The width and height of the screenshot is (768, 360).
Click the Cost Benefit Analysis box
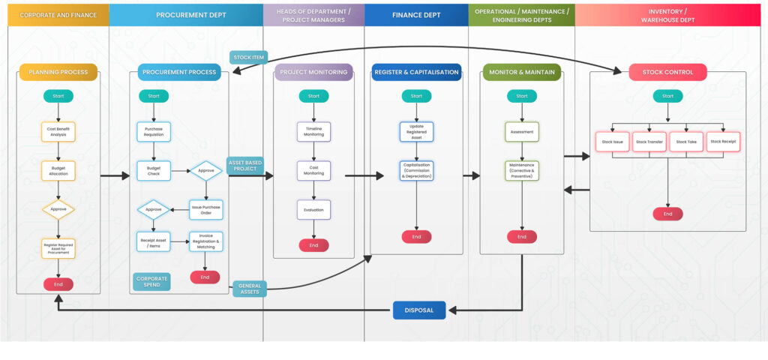click(x=58, y=132)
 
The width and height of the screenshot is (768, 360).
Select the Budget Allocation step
click(x=58, y=171)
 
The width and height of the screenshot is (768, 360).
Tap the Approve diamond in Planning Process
click(x=58, y=210)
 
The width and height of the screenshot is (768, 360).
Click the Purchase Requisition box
click(x=154, y=132)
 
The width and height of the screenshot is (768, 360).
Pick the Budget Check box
click(x=154, y=171)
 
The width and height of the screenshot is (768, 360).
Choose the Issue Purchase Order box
click(x=205, y=209)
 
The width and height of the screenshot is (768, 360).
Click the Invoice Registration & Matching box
click(x=205, y=241)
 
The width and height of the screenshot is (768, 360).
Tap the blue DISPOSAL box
click(x=419, y=310)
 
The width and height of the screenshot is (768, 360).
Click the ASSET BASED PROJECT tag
click(x=245, y=166)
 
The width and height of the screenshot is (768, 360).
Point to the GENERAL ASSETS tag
click(x=249, y=288)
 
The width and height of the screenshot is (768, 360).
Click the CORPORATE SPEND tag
click(x=151, y=282)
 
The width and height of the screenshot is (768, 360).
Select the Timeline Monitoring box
click(x=313, y=132)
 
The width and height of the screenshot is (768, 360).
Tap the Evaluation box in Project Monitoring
click(x=313, y=210)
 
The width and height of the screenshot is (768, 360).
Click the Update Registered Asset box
click(x=416, y=132)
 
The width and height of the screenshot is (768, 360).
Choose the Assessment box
click(x=522, y=132)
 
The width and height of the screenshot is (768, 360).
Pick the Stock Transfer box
click(x=649, y=142)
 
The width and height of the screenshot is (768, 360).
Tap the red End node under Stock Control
click(x=667, y=214)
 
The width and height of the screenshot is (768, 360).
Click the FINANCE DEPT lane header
click(x=416, y=15)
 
